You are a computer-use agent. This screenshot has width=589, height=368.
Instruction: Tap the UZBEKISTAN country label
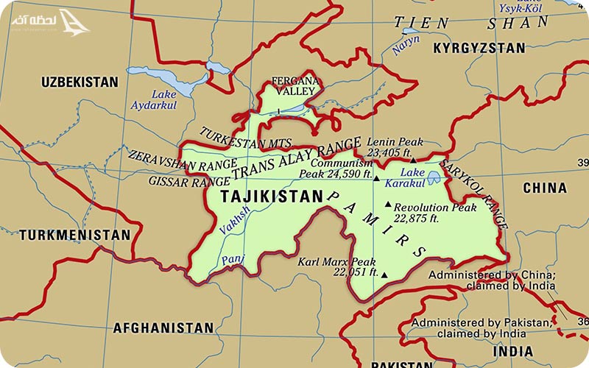click(80, 81)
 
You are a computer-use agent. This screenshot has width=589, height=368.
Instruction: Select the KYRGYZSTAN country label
click(479, 49)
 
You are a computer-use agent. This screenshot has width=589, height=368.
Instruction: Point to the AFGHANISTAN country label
click(163, 328)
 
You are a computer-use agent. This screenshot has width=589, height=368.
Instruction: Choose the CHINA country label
click(544, 188)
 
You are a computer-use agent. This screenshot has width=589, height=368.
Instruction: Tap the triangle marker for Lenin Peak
click(413, 160)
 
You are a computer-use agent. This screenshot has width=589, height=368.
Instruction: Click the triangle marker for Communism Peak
click(376, 179)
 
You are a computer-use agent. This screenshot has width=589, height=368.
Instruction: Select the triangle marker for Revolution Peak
click(387, 204)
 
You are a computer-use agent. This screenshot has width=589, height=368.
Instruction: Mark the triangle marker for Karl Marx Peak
click(384, 275)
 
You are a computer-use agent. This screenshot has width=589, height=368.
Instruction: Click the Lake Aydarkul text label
click(154, 100)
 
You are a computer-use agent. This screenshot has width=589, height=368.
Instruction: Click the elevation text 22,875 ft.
click(416, 219)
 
